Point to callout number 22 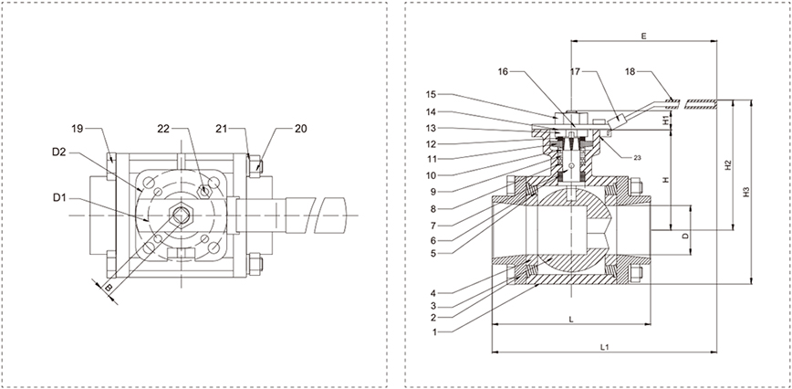pos(165,129)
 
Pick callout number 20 pos(300,129)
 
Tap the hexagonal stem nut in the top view pos(181,216)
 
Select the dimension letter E pos(643,37)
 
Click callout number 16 pos(505,70)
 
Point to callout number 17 pos(575,70)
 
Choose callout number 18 pos(630,70)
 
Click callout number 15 pos(431,94)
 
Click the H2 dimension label pos(727,165)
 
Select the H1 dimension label pos(666,119)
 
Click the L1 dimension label pos(604,346)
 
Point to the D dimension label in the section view pos(685,236)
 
